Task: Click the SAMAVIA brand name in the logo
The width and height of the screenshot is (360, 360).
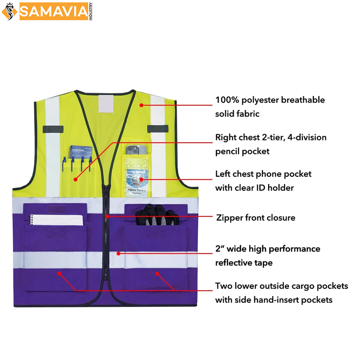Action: coord(53,12)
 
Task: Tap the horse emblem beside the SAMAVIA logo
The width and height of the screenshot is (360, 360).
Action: coord(9,11)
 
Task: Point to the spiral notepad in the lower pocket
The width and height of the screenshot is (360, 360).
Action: coord(56,220)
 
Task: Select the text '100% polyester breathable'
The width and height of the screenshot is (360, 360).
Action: coord(270,100)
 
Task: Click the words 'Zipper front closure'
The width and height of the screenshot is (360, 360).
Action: coord(255,218)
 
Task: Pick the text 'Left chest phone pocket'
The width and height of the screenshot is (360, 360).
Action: coord(263,174)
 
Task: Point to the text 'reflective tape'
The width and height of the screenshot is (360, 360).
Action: coord(244,263)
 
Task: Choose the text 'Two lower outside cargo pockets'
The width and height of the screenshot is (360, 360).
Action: coord(281,286)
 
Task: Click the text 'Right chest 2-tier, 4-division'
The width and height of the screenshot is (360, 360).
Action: coord(270,137)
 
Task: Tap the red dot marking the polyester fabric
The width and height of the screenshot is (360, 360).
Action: coord(141,105)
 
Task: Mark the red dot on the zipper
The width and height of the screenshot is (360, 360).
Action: coord(108,217)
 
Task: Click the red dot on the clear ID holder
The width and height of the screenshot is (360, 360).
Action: coord(141,179)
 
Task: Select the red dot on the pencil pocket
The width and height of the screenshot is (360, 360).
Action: coord(76,179)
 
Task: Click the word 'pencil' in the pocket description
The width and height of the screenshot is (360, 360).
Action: coord(229,151)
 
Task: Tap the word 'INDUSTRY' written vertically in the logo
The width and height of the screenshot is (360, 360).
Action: coord(90,11)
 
